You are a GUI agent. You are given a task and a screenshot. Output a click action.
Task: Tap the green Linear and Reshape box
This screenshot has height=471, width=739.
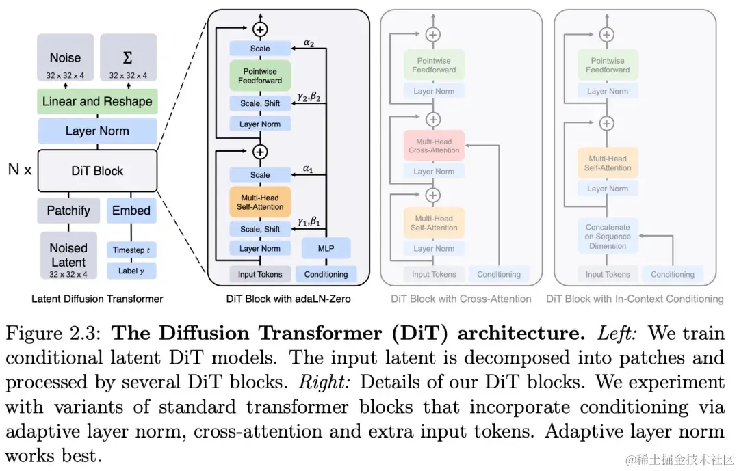pyautogui.click(x=97, y=102)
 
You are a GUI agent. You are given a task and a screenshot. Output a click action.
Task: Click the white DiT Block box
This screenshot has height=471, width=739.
pyautogui.click(x=97, y=170)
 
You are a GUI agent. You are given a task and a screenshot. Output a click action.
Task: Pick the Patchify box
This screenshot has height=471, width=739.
pyautogui.click(x=68, y=211)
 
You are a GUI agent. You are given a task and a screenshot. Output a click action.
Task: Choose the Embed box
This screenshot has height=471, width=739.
pyautogui.click(x=131, y=211)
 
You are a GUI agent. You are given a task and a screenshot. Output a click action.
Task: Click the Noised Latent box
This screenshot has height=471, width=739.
pyautogui.click(x=68, y=257)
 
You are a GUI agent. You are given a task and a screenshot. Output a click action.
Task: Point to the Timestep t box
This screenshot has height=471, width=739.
pyautogui.click(x=131, y=250)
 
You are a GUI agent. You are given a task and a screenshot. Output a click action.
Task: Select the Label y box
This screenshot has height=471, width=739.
pyautogui.click(x=131, y=271)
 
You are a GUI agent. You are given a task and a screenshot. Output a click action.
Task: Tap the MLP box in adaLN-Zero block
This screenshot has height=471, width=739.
pyautogui.click(x=326, y=248)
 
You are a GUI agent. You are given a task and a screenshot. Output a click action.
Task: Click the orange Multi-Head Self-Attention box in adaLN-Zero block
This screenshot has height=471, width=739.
pyautogui.click(x=260, y=202)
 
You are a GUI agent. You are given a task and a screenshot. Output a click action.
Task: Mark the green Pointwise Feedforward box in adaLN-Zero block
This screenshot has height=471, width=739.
pyautogui.click(x=260, y=75)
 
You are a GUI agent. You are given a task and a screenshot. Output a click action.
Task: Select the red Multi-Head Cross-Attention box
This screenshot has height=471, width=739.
pyautogui.click(x=434, y=145)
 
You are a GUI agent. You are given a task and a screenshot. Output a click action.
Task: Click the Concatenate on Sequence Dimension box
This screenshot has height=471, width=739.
pyautogui.click(x=608, y=237)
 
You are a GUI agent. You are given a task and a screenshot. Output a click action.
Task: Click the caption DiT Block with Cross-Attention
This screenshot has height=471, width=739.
pyautogui.click(x=461, y=299)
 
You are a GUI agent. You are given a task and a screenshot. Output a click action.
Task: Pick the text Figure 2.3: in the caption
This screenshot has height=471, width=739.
pyautogui.click(x=53, y=334)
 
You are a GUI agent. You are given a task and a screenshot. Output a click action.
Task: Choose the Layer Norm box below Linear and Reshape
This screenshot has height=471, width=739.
pyautogui.click(x=97, y=131)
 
